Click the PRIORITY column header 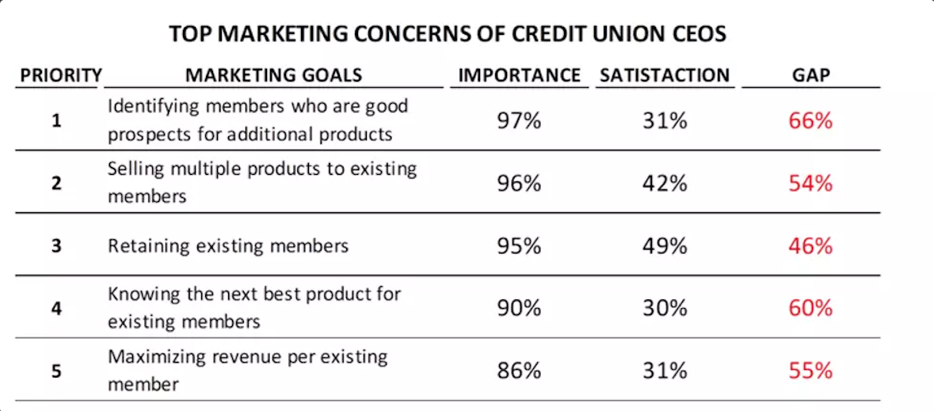pos(60,75)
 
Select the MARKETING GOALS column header pos(273,75)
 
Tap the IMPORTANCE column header pos(519,75)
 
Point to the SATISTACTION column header pos(664,75)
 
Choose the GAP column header pos(810,75)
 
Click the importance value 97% pos(519,121)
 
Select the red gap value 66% pos(810,121)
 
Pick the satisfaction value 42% pos(664,184)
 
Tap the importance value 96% pos(519,184)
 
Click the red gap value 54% pos(810,184)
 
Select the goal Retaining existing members pos(227,245)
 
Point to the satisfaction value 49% pos(664,245)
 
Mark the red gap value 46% pos(810,245)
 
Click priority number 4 pos(56,308)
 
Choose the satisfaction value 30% pos(664,307)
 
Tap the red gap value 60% pos(810,307)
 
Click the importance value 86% pos(519,370)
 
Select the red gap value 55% pos(810,370)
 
